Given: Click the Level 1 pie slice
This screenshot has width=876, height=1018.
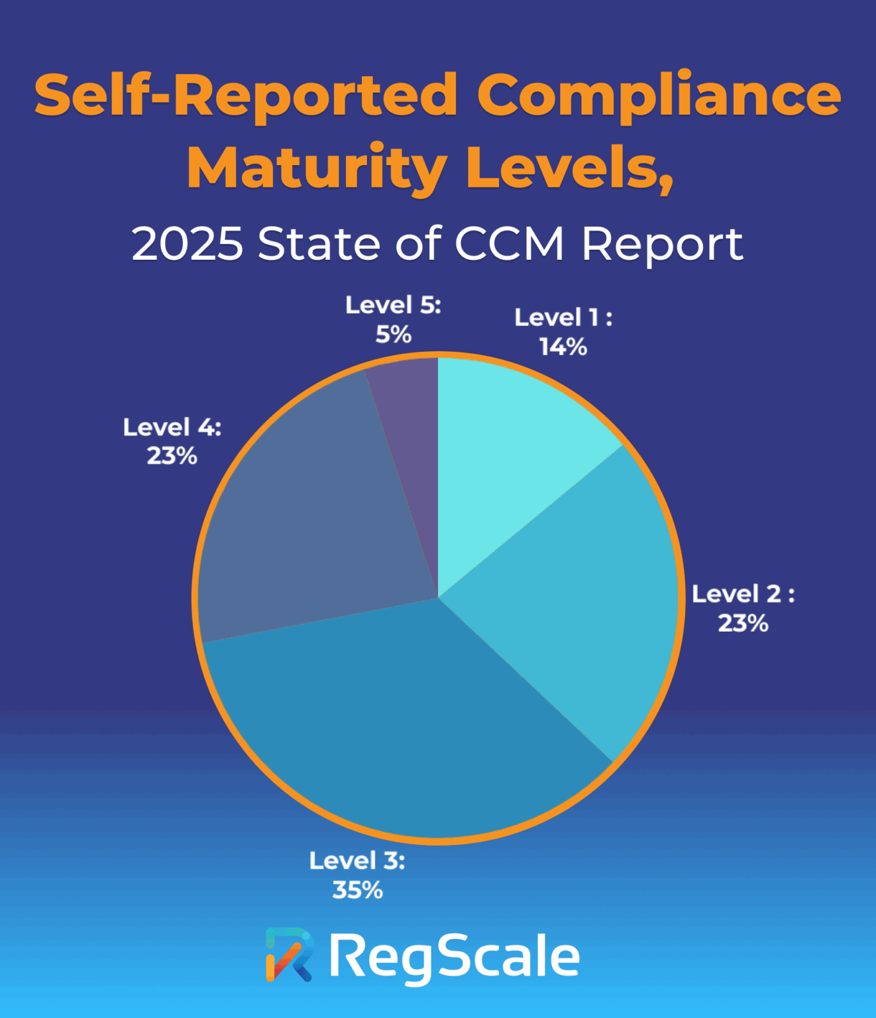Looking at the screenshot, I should click(510, 451).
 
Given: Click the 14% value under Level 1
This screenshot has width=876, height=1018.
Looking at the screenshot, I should click(563, 347).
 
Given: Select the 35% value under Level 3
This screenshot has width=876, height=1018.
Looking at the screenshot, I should click(358, 890).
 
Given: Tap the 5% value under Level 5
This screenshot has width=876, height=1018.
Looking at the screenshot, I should click(394, 334).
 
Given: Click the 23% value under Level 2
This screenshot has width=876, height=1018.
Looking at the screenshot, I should click(743, 623).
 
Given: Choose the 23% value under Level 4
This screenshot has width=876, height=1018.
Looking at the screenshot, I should click(172, 456).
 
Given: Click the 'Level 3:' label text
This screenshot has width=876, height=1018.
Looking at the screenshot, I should click(357, 861).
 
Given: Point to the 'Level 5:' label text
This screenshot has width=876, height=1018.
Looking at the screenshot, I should click(394, 305).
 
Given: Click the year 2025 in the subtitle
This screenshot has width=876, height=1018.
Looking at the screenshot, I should click(188, 244).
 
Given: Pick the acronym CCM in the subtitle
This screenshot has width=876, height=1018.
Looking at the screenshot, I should click(509, 244).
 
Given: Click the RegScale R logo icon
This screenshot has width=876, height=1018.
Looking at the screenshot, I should click(289, 955).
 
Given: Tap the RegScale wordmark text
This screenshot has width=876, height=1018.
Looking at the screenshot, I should click(455, 956).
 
